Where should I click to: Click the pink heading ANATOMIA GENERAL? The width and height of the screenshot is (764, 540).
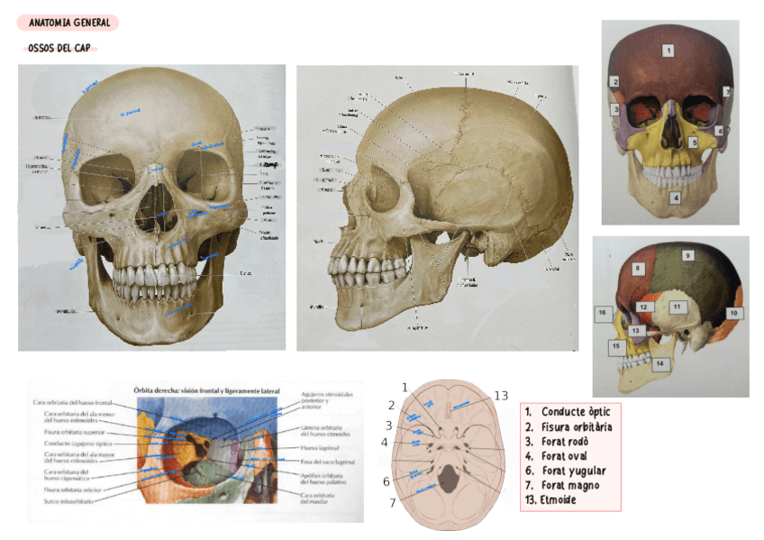coord(68,23)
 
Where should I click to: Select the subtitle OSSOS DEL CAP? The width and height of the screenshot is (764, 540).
coord(59,48)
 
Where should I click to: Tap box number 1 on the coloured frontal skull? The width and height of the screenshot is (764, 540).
coord(668,51)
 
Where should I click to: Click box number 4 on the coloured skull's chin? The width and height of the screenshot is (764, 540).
coord(675,197)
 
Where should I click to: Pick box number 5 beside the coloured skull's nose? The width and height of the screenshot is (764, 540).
coord(694,142)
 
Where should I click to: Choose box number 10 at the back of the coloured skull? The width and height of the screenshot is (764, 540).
coord(733,313)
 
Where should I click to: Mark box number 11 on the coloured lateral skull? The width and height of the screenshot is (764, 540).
coord(676,307)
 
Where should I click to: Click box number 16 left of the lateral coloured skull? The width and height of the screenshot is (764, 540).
coord(602,313)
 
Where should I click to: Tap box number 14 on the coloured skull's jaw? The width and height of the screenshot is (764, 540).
coord(659,363)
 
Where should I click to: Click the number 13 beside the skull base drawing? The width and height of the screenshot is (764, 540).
coord(502,396)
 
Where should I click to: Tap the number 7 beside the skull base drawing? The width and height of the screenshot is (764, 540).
coord(393,503)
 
